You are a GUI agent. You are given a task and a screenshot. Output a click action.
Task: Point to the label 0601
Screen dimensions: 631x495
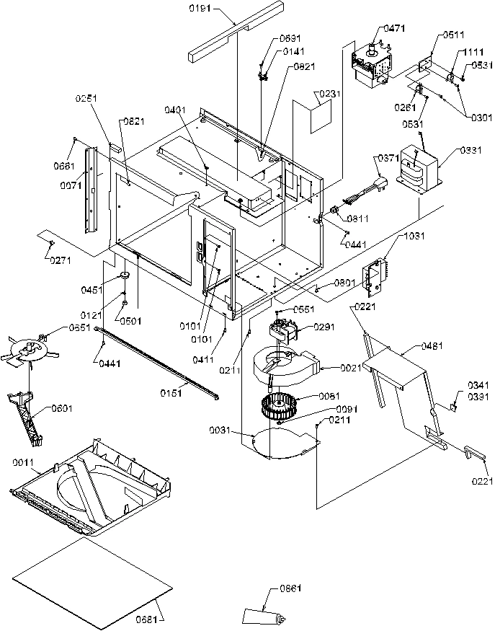[x=62, y=409]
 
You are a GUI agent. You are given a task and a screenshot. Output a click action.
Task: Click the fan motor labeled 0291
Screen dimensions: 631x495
[x=283, y=331]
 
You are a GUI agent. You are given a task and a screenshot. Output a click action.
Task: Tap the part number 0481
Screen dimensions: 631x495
[x=413, y=347]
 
